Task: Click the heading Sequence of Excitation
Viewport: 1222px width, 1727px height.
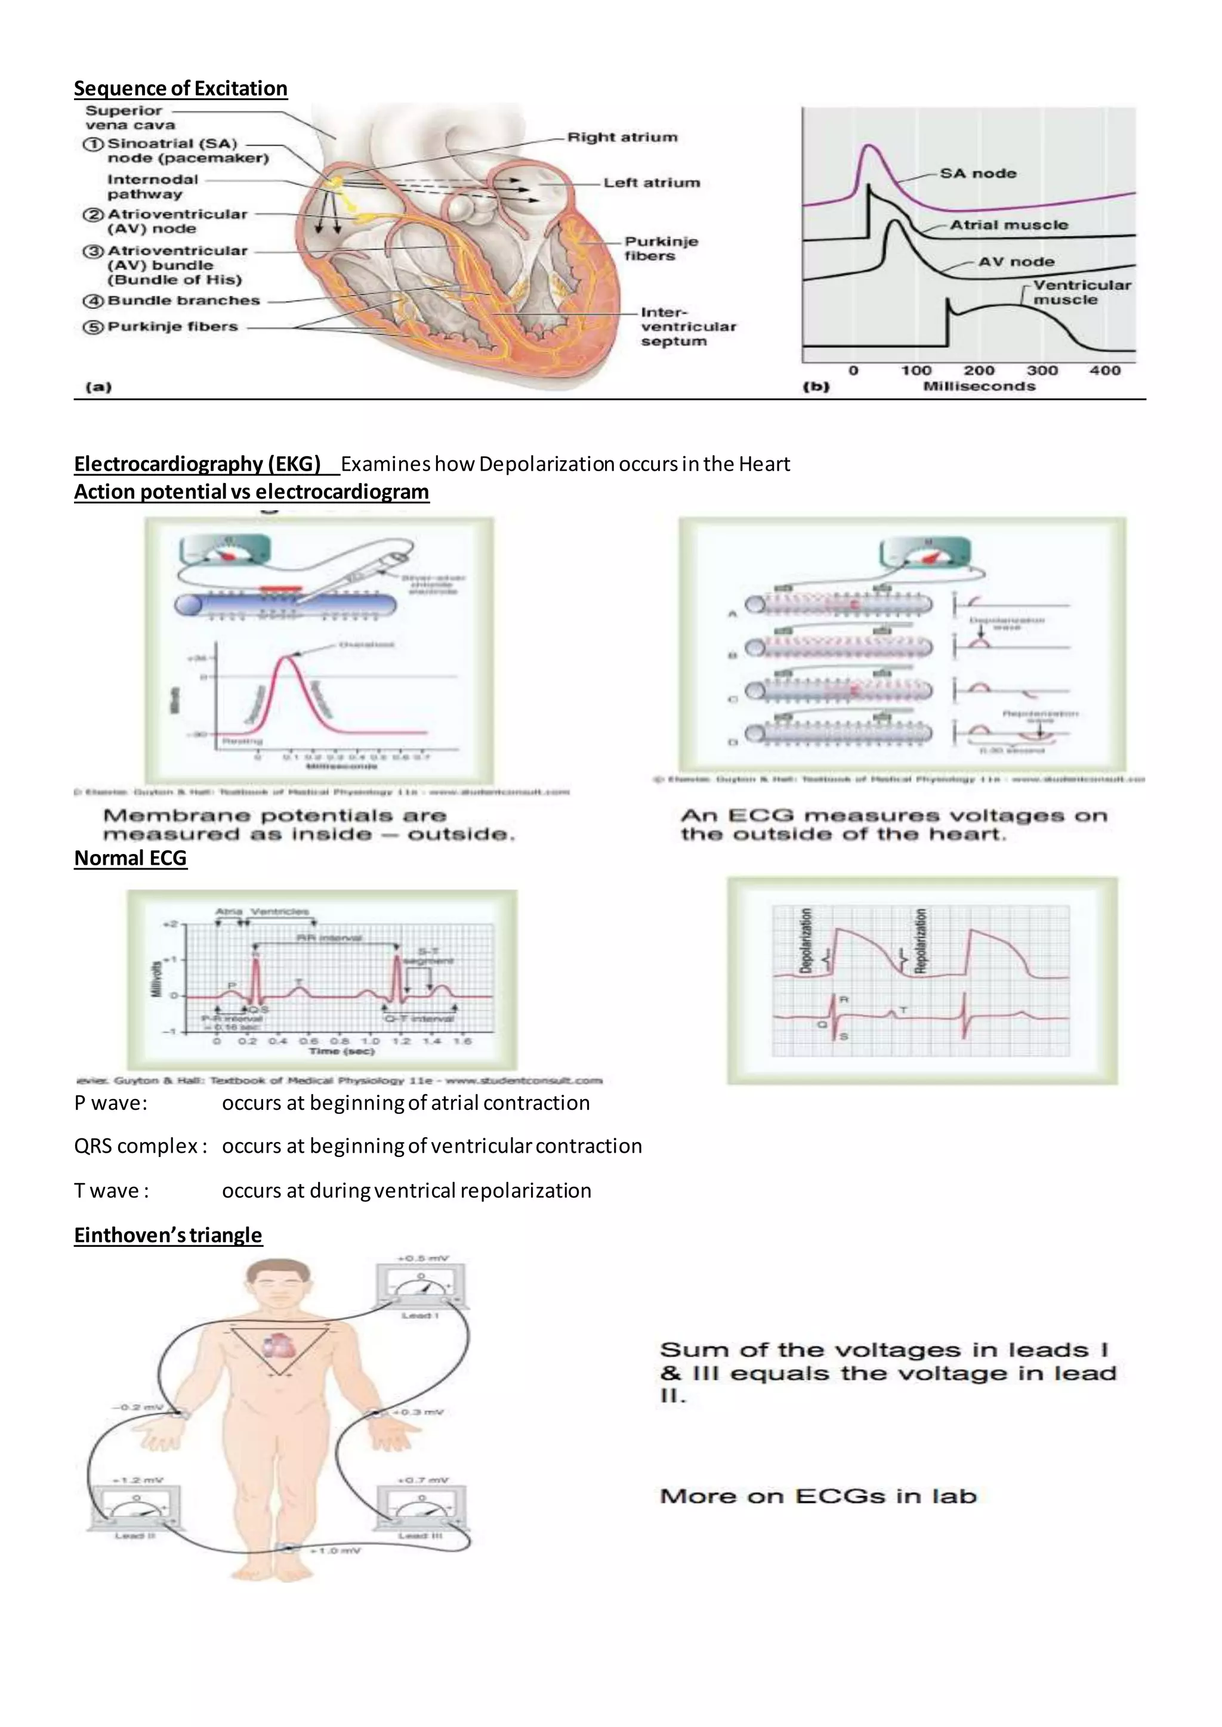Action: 181,89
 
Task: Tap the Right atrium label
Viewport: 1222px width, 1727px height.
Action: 622,138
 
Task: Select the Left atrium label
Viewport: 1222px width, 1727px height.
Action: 652,183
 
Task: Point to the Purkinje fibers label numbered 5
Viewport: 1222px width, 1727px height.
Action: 172,326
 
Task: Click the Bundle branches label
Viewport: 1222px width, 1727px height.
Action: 184,300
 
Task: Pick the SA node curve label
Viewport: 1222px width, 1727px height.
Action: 977,173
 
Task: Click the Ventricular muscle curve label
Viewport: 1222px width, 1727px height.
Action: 1081,292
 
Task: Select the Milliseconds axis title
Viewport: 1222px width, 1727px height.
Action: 979,386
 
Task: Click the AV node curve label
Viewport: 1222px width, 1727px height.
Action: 1016,262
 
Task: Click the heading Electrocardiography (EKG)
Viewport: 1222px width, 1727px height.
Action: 197,464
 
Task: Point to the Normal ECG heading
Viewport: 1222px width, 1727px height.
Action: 130,858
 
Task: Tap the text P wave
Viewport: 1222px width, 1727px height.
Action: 110,1103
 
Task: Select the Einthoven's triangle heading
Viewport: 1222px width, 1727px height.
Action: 168,1235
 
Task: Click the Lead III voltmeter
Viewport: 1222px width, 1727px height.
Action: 421,1508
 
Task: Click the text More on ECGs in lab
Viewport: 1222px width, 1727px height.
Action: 818,1496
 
